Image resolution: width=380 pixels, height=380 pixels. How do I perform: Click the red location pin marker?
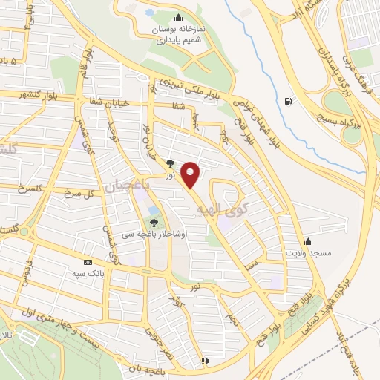tap(191, 174)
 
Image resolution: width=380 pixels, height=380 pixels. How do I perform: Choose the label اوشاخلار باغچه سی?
tap(154, 233)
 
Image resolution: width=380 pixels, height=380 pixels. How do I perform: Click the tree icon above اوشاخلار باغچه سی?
tap(154, 221)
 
